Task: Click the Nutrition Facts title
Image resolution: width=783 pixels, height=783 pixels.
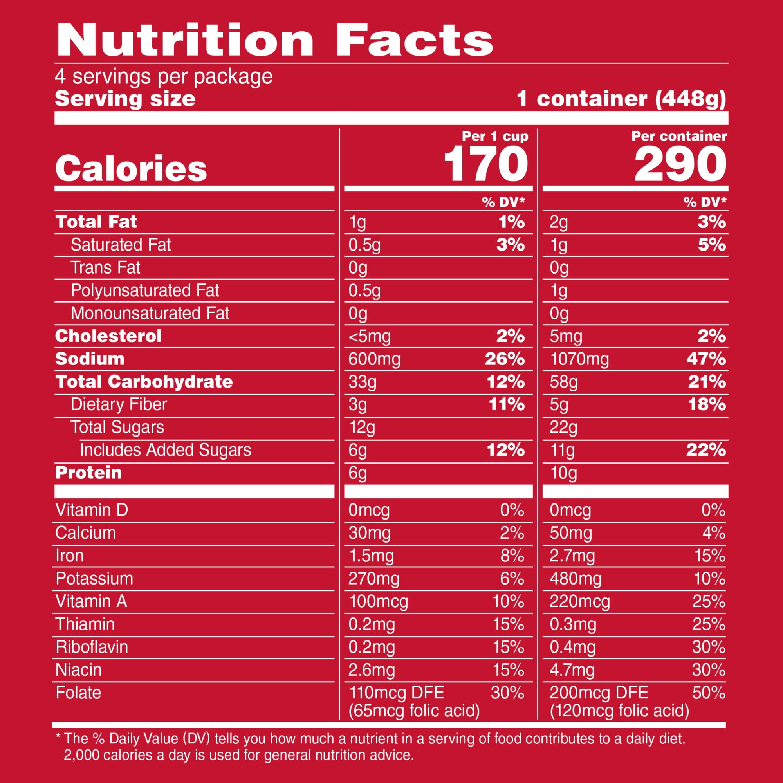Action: (x=274, y=41)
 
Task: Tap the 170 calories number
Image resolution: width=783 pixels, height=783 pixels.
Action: (x=485, y=164)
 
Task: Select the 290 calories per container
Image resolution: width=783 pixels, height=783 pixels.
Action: (x=680, y=164)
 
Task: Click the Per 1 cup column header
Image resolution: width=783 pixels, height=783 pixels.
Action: (x=495, y=136)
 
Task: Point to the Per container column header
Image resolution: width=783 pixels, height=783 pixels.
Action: (x=679, y=136)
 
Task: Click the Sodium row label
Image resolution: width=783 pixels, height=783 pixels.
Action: (x=90, y=359)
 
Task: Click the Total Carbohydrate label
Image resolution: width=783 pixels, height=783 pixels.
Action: (x=144, y=382)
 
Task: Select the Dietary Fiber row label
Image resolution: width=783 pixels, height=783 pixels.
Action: (x=119, y=404)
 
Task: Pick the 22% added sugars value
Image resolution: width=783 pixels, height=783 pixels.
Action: (x=706, y=450)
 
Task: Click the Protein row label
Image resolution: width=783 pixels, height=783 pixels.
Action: (x=89, y=473)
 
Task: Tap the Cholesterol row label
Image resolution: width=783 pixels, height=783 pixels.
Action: (x=108, y=336)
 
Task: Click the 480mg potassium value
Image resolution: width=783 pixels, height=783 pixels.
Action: (x=576, y=579)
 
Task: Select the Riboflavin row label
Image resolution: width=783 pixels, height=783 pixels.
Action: (x=92, y=647)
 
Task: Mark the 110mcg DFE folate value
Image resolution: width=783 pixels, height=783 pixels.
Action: (x=396, y=693)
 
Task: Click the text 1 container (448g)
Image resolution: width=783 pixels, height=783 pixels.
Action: (x=621, y=99)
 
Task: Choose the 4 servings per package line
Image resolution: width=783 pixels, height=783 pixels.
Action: (x=164, y=77)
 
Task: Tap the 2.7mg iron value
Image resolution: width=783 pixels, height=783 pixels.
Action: (x=572, y=556)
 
